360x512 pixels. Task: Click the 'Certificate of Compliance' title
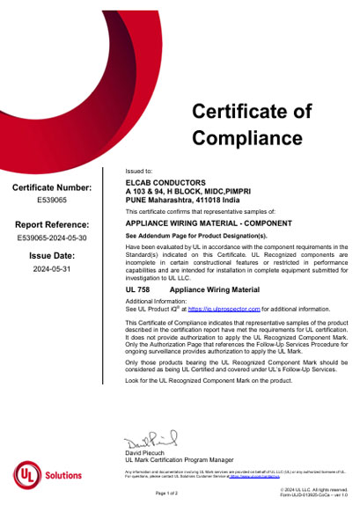coord(252,124)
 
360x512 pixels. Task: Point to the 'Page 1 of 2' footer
coord(166,494)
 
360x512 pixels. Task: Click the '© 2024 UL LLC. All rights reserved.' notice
coord(311,488)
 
